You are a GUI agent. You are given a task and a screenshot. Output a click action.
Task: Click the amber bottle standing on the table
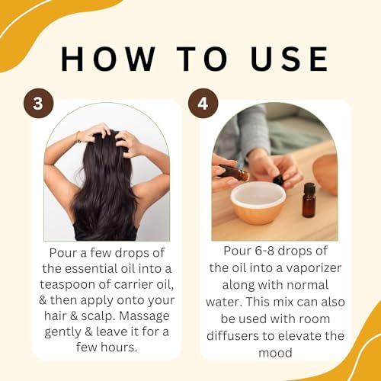(x=309, y=200)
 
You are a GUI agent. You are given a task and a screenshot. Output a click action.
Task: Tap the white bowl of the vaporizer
(x=258, y=202)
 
